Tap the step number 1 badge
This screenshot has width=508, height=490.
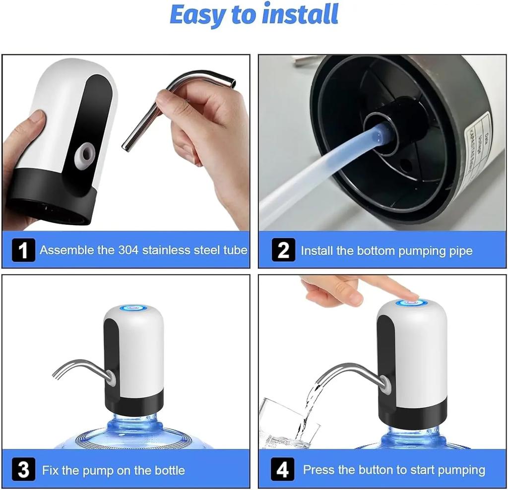click(23, 250)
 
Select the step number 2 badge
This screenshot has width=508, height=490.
click(283, 250)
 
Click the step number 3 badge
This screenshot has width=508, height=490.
click(23, 469)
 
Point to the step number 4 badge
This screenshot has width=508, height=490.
click(283, 469)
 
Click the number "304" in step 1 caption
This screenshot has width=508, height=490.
click(128, 250)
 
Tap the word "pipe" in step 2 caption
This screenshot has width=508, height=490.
click(460, 250)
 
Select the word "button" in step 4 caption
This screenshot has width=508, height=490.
click(367, 470)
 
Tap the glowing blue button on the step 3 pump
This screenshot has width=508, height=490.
click(133, 308)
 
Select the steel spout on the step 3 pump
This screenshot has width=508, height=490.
click(79, 367)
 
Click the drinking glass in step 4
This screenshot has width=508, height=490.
click(285, 424)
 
